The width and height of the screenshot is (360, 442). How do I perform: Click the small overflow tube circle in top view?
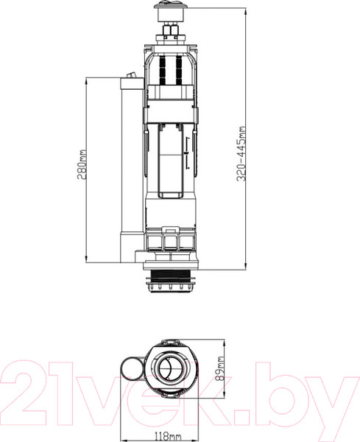click(x=131, y=369)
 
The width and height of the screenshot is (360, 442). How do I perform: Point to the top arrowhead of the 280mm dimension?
click(x=88, y=80)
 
